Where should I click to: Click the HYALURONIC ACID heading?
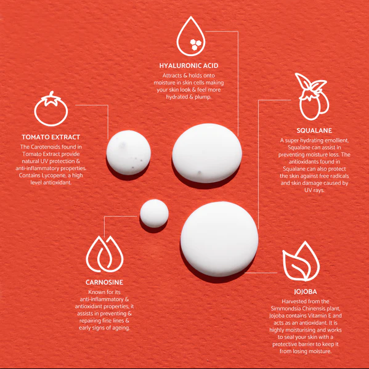189,66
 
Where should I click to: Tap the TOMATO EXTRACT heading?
51,137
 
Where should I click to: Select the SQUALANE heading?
314,131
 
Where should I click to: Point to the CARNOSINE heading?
104,282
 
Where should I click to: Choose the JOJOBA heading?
306,292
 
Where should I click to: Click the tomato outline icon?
51,108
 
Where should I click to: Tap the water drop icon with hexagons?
191,36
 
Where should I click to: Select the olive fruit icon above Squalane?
312,97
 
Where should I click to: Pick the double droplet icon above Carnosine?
105,254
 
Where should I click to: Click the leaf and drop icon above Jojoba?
301,261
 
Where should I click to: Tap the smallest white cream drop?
154,213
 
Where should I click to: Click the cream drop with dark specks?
129,153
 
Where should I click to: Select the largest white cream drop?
219,239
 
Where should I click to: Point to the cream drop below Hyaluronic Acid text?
207,153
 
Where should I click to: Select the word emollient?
337,140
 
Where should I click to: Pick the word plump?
203,97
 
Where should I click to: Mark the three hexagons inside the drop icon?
195,44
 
